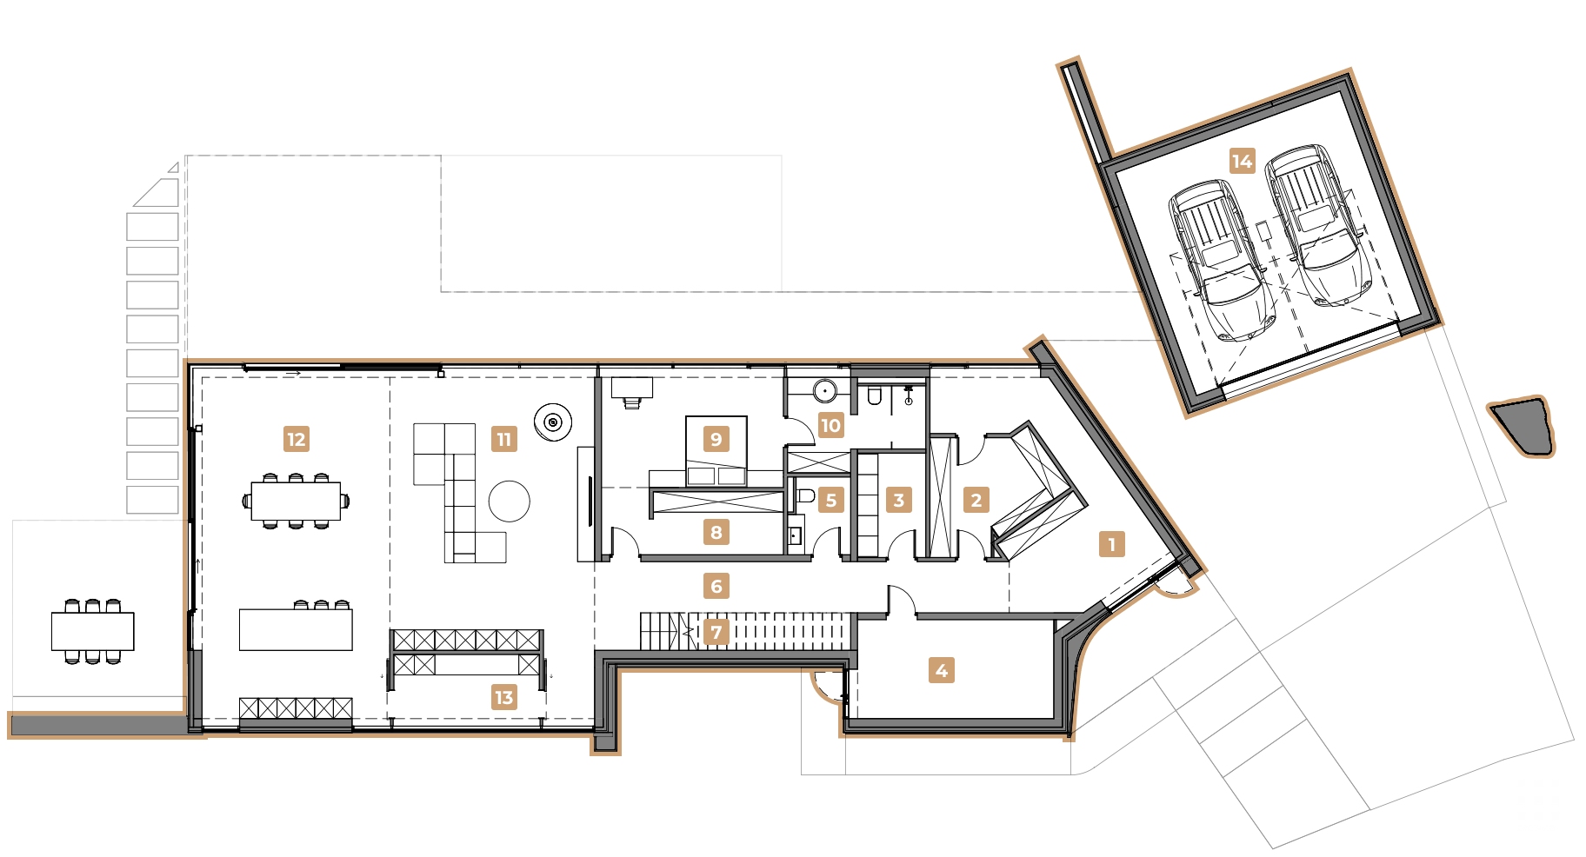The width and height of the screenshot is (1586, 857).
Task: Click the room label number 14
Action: (x=1242, y=161)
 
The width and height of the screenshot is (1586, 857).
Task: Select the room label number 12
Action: (x=296, y=439)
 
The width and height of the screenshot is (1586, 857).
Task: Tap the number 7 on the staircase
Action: (x=716, y=632)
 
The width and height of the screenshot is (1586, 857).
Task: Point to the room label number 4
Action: (x=941, y=670)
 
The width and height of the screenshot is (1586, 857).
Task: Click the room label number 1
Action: (x=1111, y=544)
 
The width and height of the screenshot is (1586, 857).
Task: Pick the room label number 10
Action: (x=830, y=425)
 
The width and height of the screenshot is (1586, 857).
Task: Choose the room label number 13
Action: (x=503, y=697)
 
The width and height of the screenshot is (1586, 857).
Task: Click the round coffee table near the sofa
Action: (x=510, y=502)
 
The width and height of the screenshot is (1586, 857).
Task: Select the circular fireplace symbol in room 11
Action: (x=553, y=422)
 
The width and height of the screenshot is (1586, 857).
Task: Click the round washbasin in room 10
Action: (x=825, y=391)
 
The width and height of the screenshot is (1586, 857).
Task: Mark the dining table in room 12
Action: (x=296, y=501)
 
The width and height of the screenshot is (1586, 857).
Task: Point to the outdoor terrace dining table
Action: (x=92, y=631)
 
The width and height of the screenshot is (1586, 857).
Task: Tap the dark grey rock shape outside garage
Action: (x=1523, y=427)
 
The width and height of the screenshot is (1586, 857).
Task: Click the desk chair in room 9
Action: (x=632, y=402)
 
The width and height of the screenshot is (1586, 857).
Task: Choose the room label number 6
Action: (x=716, y=586)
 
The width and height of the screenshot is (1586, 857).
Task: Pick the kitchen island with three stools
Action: (x=296, y=629)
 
